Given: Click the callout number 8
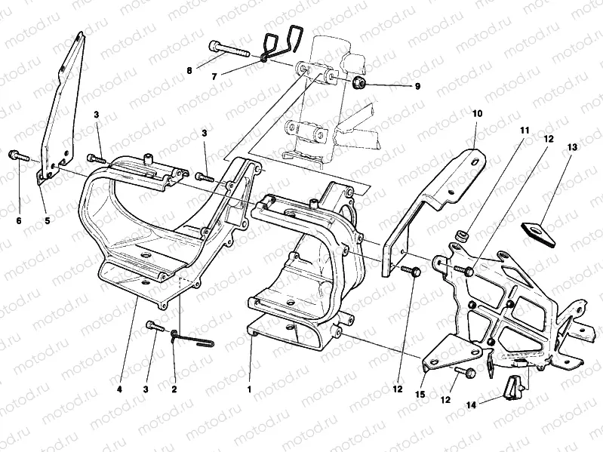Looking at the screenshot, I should pos(189,71).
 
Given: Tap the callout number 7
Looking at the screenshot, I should pos(214,76).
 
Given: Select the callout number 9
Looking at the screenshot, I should pos(417,86).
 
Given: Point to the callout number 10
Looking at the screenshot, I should pos(477,113).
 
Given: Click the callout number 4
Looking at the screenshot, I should pos(119,389).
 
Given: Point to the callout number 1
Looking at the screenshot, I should pos(249,389).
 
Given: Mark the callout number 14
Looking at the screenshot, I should pos(471,405).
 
